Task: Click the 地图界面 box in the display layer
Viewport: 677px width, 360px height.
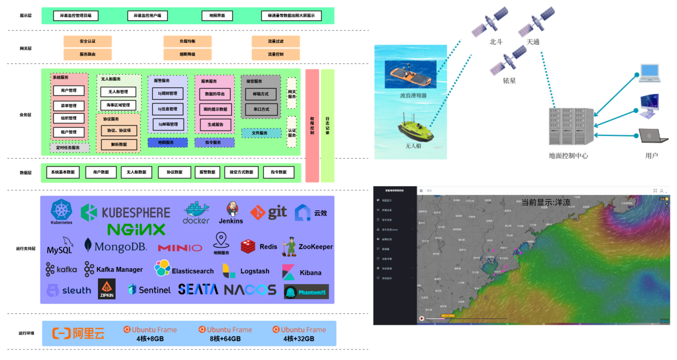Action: pyautogui.click(x=217, y=16)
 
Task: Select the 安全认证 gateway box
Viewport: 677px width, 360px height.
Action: pyautogui.click(x=87, y=41)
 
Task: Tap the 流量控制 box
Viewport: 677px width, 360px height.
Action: pyautogui.click(x=276, y=54)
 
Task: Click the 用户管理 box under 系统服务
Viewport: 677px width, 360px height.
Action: pyautogui.click(x=69, y=91)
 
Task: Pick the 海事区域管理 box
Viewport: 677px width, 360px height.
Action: pyautogui.click(x=118, y=105)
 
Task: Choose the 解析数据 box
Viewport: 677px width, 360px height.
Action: pyautogui.click(x=119, y=144)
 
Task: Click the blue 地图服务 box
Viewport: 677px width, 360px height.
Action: pyautogui.click(x=168, y=143)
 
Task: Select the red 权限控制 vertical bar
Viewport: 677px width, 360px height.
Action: pyautogui.click(x=312, y=125)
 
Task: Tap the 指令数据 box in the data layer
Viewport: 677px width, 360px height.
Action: pyautogui.click(x=278, y=172)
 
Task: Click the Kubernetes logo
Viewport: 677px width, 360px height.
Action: pyautogui.click(x=62, y=212)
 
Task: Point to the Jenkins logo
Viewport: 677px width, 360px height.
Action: pyautogui.click(x=231, y=213)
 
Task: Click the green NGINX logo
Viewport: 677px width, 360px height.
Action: pyautogui.click(x=136, y=229)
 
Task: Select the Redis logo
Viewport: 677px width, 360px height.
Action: pyautogui.click(x=259, y=247)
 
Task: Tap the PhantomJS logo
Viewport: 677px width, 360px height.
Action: pyautogui.click(x=306, y=292)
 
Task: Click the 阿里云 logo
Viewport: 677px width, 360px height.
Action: pyautogui.click(x=79, y=333)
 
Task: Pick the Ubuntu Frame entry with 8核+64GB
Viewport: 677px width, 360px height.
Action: pyautogui.click(x=225, y=334)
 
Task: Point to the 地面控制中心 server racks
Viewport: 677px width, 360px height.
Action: pyautogui.click(x=572, y=126)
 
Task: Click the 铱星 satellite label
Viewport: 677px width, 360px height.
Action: pyautogui.click(x=509, y=80)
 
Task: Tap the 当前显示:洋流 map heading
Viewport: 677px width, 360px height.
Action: pyautogui.click(x=545, y=202)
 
